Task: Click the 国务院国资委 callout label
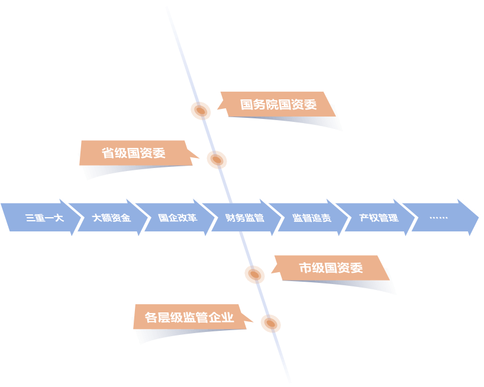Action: [278, 105]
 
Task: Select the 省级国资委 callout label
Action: [134, 153]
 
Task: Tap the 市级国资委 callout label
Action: [330, 268]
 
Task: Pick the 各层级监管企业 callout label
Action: [189, 317]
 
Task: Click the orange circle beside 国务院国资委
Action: [201, 111]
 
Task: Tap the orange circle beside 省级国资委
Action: [217, 160]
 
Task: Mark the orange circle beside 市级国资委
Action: [254, 275]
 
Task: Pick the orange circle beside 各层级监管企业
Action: [270, 324]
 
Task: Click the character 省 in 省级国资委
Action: [108, 153]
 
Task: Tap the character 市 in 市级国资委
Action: [305, 268]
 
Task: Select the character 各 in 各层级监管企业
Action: [151, 317]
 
